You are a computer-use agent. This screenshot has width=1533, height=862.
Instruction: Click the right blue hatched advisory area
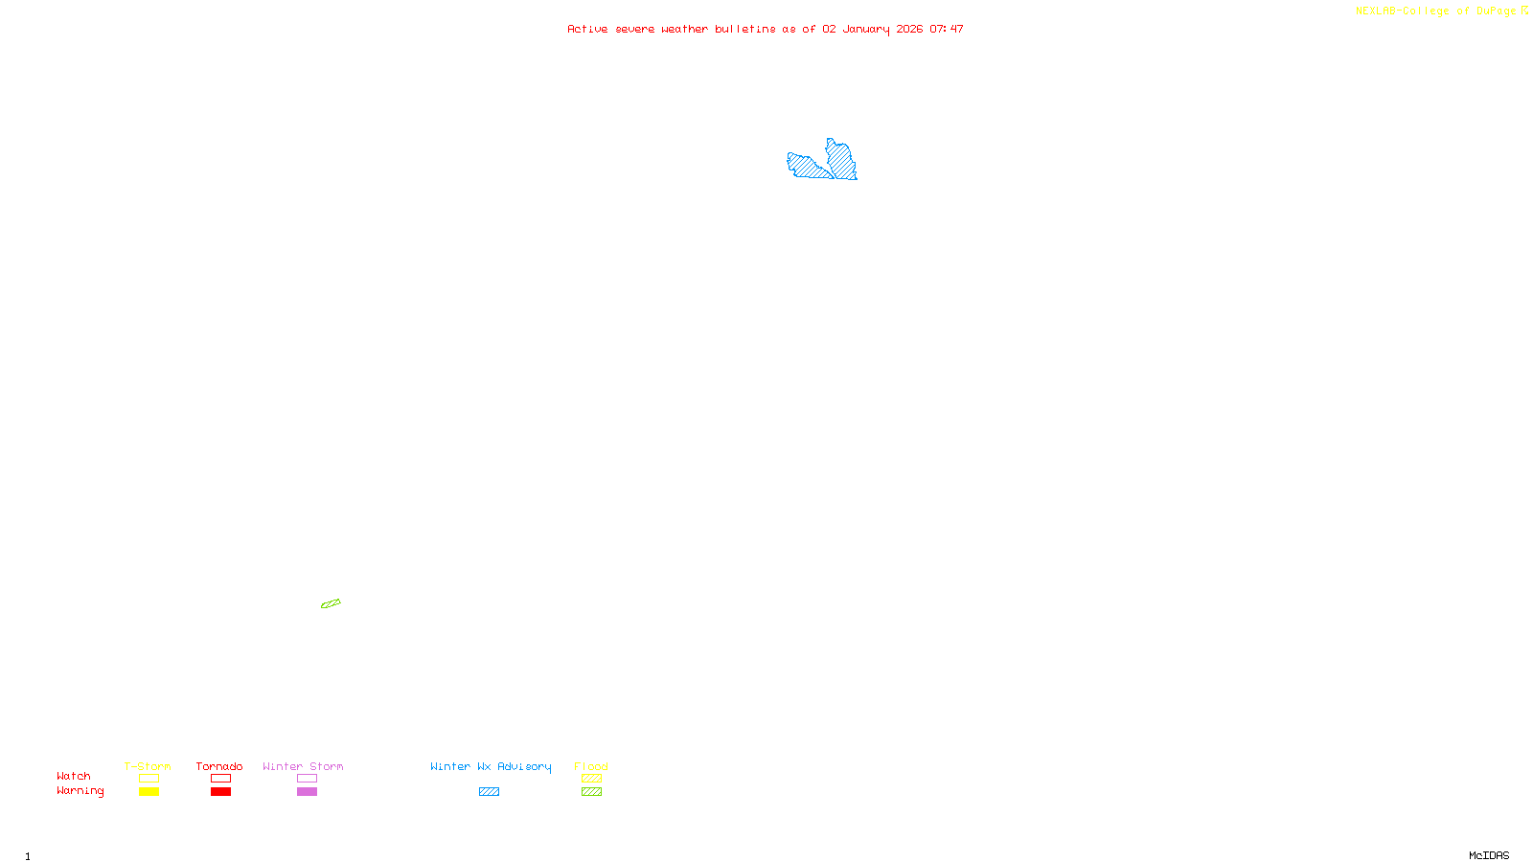coord(841,159)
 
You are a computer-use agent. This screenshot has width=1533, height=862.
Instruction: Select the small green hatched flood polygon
coord(331,603)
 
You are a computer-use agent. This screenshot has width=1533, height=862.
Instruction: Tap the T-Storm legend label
coord(148,766)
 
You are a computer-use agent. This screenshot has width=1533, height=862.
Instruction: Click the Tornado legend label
coord(219,766)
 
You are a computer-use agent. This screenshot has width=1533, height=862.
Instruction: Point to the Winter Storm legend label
coord(303,766)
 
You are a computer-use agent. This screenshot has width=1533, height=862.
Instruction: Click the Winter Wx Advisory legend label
coord(491,766)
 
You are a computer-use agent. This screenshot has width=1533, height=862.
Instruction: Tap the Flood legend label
coord(591,766)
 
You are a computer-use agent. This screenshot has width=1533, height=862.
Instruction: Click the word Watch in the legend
coord(74,776)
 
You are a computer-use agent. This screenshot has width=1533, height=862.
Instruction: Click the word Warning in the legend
coord(80,791)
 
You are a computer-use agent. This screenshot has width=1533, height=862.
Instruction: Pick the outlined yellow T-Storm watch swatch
coord(149,779)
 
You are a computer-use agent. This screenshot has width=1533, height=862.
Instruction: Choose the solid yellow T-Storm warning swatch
coord(149,792)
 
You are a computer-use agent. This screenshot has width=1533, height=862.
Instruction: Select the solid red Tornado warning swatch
coord(220,792)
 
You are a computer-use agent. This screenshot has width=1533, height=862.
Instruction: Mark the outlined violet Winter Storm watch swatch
coord(307,779)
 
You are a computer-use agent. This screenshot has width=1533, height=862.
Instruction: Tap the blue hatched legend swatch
coord(489,792)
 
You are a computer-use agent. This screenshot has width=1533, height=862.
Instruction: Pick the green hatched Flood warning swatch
coord(591,792)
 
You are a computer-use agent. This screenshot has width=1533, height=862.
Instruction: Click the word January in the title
coord(866,29)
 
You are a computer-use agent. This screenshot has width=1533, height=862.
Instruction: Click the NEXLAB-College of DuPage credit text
coord(1436,11)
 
